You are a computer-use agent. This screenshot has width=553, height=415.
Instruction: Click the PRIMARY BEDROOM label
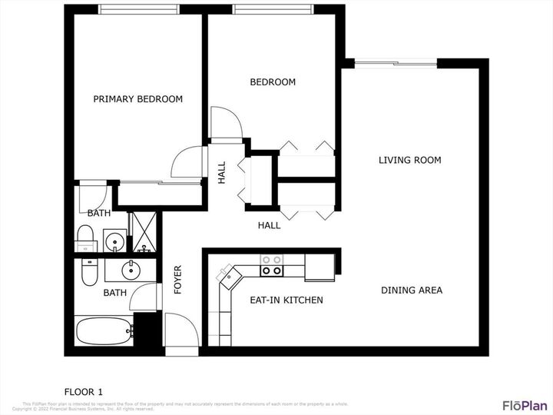pos(138,99)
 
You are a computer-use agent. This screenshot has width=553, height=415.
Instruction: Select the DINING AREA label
pos(412,290)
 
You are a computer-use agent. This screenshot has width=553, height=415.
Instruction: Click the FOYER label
pos(177,281)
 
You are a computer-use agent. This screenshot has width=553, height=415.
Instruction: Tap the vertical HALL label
pos(221,172)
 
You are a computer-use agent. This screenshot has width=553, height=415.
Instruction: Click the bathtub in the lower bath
pos(104,332)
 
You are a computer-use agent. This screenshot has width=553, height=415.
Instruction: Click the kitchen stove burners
pos(271,265)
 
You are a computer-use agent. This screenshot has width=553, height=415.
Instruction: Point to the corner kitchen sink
pos(228,275)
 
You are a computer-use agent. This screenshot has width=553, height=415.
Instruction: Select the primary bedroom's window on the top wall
pos(138,9)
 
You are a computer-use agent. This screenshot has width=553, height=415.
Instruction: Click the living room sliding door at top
pos(392,63)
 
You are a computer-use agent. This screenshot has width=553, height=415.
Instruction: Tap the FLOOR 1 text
pos(84,390)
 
